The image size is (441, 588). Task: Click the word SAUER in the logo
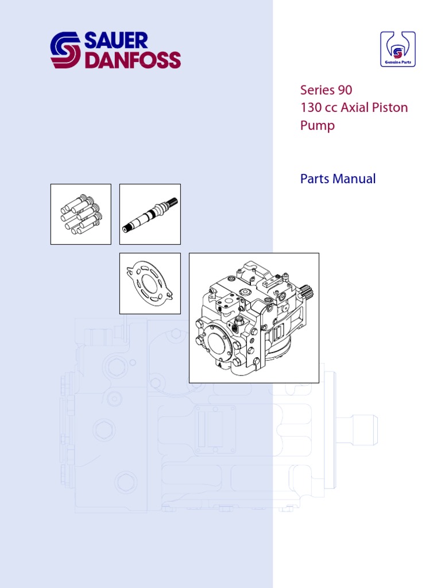(x=116, y=41)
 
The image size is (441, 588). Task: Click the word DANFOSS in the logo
(x=133, y=60)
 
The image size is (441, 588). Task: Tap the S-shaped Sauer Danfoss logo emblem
(x=66, y=51)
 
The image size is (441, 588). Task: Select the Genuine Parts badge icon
(x=397, y=49)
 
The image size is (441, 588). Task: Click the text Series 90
(x=326, y=90)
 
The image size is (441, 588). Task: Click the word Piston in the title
(x=389, y=108)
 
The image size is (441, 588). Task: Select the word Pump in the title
(x=318, y=126)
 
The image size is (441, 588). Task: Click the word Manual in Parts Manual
(x=354, y=179)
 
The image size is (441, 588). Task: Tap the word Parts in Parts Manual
(x=315, y=179)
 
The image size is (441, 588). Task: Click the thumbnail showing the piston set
(x=81, y=214)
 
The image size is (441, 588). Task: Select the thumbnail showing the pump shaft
(x=150, y=214)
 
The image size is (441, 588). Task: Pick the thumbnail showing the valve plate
(x=150, y=284)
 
